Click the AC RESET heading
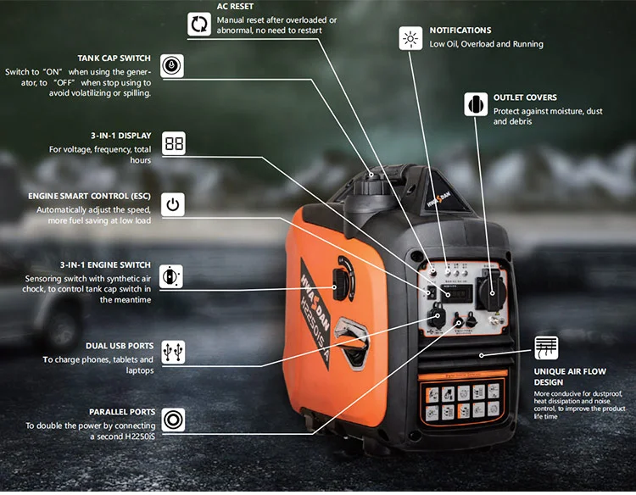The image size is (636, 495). click(236, 7)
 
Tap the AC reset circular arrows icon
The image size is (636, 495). click(199, 24)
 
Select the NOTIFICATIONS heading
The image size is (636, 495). click(460, 30)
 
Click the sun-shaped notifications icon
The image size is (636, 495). click(410, 38)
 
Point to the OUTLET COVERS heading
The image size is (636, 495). click(525, 97)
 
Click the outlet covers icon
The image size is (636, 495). click(476, 103)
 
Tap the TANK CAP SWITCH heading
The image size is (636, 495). click(114, 57)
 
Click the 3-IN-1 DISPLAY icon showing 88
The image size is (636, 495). click(173, 143)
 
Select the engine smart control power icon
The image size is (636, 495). click(173, 204)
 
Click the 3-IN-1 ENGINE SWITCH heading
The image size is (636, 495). click(106, 264)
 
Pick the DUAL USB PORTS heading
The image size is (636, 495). click(120, 346)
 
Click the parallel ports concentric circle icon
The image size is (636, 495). click(173, 419)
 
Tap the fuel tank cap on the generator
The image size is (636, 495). click(373, 177)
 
